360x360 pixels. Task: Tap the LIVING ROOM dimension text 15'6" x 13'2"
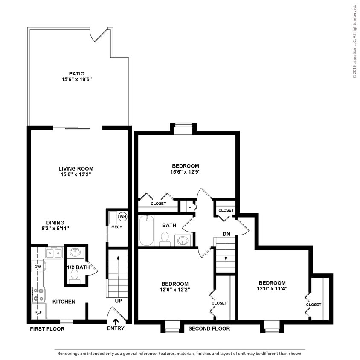(x=76, y=174)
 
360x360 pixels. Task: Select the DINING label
(x=55, y=222)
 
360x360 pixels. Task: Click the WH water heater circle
(x=122, y=216)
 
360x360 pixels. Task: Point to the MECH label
(x=116, y=227)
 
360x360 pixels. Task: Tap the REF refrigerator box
(x=38, y=312)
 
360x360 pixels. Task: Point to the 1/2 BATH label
(x=78, y=267)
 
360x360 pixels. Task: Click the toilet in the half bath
(x=75, y=276)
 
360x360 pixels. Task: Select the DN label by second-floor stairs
(x=226, y=234)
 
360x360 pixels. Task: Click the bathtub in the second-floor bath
(x=146, y=230)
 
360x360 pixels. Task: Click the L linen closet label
(x=189, y=206)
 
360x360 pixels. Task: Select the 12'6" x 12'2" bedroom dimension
(x=175, y=290)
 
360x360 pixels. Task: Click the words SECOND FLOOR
(x=209, y=328)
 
